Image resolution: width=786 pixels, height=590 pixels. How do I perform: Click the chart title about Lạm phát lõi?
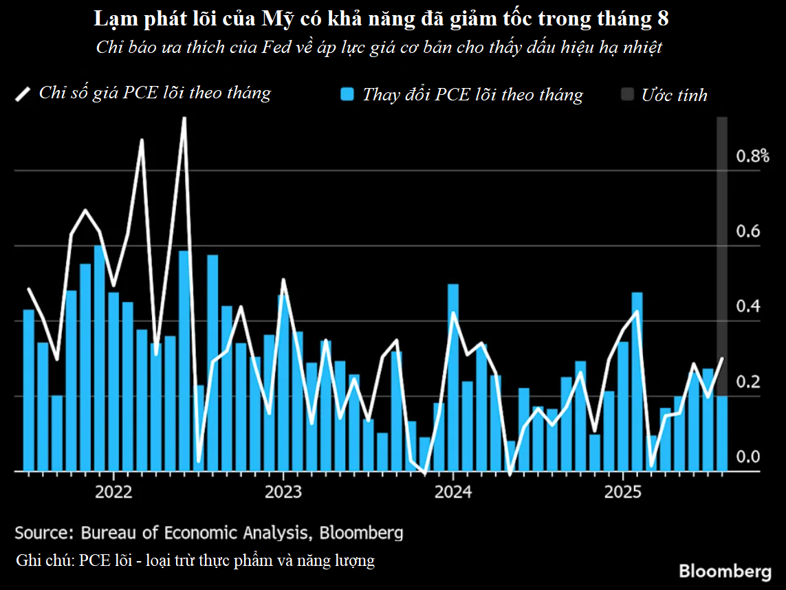[381, 20]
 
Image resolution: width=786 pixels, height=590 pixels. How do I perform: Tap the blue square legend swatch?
[349, 95]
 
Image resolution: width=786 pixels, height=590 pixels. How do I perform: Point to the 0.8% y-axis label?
[752, 156]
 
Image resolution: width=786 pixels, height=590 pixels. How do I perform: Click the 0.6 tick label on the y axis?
[747, 231]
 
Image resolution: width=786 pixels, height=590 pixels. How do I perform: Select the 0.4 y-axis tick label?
[747, 306]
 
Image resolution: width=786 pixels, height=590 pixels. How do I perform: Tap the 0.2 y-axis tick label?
[747, 382]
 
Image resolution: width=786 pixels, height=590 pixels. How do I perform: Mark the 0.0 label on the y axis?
[747, 457]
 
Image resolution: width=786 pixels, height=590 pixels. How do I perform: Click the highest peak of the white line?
[184, 119]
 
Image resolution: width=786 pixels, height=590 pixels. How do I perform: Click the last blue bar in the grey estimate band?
[721, 433]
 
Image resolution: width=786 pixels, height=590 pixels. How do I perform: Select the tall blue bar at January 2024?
[453, 378]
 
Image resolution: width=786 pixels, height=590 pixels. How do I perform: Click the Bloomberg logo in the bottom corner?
[725, 571]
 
